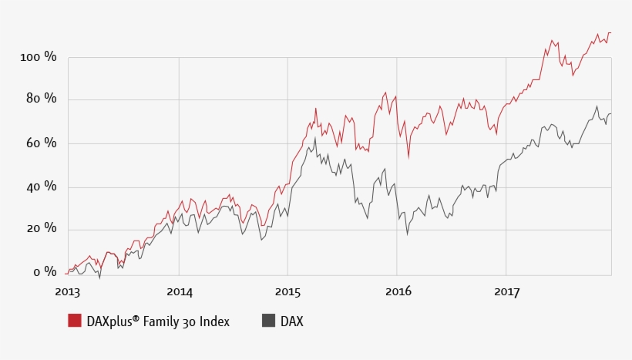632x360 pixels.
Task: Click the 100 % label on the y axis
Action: [39, 58]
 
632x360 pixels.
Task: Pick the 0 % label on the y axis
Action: [45, 271]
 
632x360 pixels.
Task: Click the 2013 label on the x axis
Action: [68, 291]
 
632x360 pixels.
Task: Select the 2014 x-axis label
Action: [179, 291]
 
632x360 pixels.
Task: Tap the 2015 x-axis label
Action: [287, 291]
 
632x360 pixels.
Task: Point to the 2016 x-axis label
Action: [398, 291]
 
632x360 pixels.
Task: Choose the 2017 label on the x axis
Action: [506, 291]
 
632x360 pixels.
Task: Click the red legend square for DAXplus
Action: [75, 321]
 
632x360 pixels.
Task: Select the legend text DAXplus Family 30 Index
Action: [158, 321]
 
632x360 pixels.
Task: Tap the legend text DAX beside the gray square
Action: [291, 321]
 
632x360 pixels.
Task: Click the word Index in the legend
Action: [213, 321]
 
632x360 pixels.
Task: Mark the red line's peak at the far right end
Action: [610, 33]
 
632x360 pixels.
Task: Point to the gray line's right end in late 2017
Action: [610, 114]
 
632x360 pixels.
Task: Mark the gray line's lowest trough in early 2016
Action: [407, 234]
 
